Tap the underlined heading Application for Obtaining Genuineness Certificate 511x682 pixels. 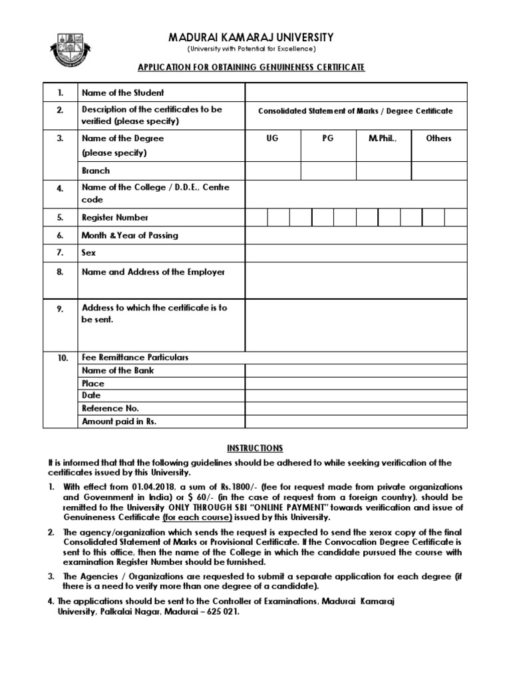pos(251,68)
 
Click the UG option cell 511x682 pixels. pos(272,139)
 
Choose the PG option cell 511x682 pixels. pos(327,139)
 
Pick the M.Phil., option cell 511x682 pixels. pos(383,139)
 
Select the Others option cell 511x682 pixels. pos(438,139)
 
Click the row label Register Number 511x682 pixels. pos(115,218)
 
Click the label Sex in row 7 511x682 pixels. pos(88,253)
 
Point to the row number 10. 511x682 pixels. pos(62,358)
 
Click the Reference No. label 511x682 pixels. pos(110,409)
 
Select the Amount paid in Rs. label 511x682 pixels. pos(119,422)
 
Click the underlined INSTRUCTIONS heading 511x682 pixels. pos(255,448)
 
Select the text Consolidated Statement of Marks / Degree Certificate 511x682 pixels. pos(355,111)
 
